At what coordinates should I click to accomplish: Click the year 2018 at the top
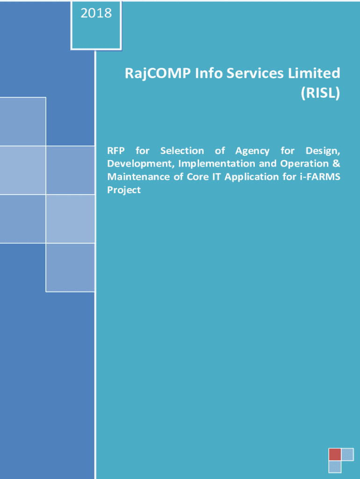96,13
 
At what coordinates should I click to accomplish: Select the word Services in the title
256,73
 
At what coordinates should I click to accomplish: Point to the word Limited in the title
314,73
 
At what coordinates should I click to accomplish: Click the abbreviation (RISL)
320,93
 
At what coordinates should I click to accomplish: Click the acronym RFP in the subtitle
116,151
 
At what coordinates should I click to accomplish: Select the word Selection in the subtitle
182,151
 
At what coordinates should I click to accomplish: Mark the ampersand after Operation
336,163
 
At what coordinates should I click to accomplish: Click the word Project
124,190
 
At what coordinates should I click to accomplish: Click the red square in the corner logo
335,454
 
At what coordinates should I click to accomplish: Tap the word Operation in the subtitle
304,164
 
